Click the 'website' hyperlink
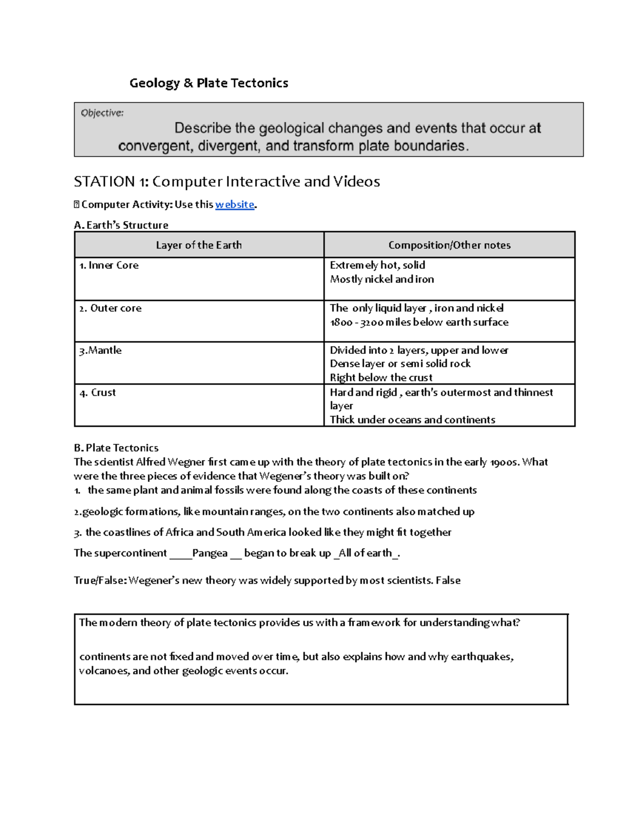(234, 204)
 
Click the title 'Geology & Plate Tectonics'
(209, 83)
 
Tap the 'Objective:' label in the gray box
(102, 113)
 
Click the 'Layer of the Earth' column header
(199, 245)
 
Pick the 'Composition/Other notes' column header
(449, 245)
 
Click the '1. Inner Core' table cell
(109, 265)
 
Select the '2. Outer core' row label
(111, 308)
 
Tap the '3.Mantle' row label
(101, 350)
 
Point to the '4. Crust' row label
(98, 393)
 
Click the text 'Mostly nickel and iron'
(382, 279)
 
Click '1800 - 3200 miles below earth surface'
(419, 322)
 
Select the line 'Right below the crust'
(381, 377)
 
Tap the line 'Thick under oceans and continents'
(413, 419)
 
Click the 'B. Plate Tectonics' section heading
(116, 448)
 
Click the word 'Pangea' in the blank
(210, 553)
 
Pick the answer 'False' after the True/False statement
(448, 580)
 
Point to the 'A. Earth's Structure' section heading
(121, 225)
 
